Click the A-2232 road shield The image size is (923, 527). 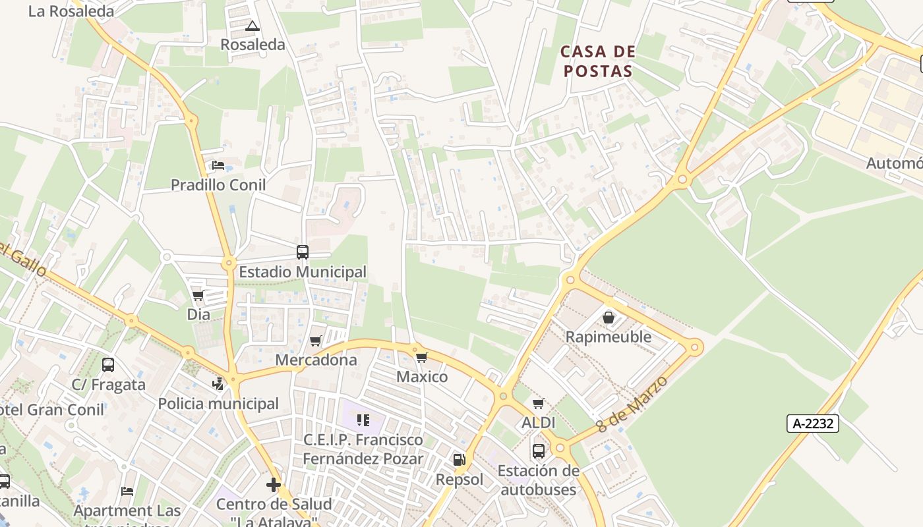(x=812, y=424)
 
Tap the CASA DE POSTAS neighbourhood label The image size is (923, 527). (x=598, y=61)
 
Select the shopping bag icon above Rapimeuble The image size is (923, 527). (x=609, y=318)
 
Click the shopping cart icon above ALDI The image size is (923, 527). (x=539, y=403)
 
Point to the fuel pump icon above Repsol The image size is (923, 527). (x=459, y=460)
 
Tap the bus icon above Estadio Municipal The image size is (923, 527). (x=303, y=252)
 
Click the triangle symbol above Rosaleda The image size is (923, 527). (x=252, y=26)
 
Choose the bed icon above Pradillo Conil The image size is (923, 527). (x=218, y=165)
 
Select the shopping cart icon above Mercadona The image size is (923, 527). (x=316, y=341)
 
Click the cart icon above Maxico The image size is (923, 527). (x=422, y=357)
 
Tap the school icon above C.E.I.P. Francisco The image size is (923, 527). (x=363, y=420)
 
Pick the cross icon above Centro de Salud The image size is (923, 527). (x=274, y=485)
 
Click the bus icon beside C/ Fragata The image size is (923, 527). (x=108, y=364)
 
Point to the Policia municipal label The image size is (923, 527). (x=218, y=404)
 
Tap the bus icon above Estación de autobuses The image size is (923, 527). (x=539, y=451)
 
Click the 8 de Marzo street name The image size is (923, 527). (x=632, y=404)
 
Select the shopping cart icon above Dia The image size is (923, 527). (x=198, y=295)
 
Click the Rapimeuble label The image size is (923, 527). (x=609, y=337)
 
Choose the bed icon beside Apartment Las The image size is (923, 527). (x=127, y=491)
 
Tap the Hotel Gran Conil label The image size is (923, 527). (x=51, y=410)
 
